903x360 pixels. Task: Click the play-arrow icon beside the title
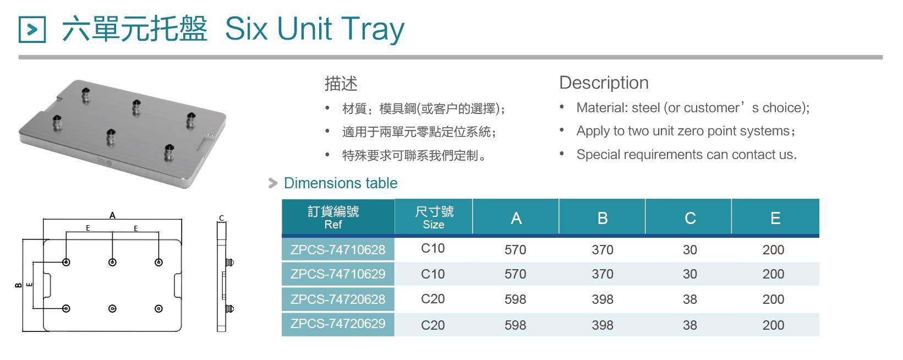32,29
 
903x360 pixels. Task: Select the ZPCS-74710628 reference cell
338,249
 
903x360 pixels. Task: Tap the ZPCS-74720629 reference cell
338,324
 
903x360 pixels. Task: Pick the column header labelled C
689,218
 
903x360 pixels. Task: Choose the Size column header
434,217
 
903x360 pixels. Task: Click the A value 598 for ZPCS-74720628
515,299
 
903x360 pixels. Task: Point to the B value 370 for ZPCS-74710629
602,274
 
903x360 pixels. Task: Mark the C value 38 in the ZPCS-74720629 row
689,325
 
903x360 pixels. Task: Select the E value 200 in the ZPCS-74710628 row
773,250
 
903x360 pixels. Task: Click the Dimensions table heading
341,183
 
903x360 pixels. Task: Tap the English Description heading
604,83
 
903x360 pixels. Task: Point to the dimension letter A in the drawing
112,215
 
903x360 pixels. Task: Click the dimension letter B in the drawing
18,285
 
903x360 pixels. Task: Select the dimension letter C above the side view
221,218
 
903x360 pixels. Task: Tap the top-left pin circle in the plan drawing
66,263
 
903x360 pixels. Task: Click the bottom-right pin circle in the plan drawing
159,309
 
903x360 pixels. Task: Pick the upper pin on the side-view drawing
230,263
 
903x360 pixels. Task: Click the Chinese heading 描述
341,84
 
